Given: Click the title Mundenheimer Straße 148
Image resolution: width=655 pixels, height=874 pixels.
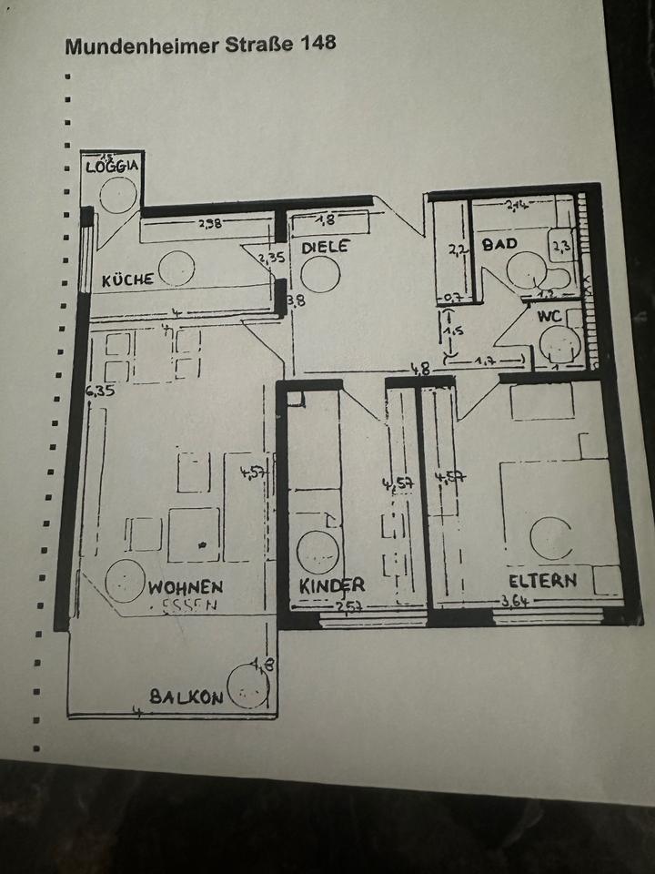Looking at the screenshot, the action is point(200,46).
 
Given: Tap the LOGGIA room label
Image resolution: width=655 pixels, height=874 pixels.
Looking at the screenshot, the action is point(112,166).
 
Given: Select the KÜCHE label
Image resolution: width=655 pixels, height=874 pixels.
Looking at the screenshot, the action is point(127,280).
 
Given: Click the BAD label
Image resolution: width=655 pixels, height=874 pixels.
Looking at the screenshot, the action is point(499,244).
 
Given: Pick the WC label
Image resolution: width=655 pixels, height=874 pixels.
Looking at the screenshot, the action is point(549,317).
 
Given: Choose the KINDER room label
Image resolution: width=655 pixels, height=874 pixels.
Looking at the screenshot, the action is point(332,584).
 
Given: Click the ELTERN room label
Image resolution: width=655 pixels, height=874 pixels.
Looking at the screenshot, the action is point(542,580).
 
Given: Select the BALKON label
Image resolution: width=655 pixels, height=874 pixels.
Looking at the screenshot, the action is point(186,697).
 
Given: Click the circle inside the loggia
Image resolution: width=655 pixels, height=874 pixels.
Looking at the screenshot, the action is point(118,193).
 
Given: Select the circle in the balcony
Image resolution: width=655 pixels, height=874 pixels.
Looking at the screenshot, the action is point(247,686).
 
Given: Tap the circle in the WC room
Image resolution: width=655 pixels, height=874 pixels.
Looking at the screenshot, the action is point(559,344).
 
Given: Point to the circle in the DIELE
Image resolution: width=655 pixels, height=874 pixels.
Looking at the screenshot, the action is point(320,273).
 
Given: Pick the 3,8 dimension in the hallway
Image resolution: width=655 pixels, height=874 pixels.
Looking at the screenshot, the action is point(296,300).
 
